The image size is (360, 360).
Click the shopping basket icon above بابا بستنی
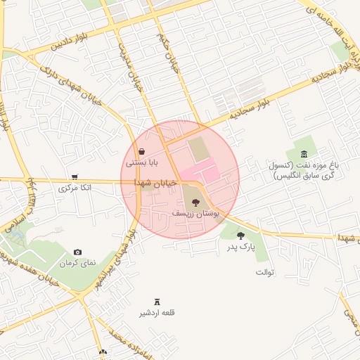click(141, 151)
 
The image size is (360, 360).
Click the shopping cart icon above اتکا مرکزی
click(75, 177)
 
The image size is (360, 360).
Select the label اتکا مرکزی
click(74, 188)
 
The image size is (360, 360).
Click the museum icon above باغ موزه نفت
click(304, 154)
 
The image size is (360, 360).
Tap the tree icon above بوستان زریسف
click(195, 202)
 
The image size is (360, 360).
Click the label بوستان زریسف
click(196, 212)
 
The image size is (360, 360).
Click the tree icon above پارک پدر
click(241, 236)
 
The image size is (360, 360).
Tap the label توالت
click(264, 271)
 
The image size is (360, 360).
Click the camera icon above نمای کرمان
click(77, 252)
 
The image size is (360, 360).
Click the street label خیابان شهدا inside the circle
click(155, 182)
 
